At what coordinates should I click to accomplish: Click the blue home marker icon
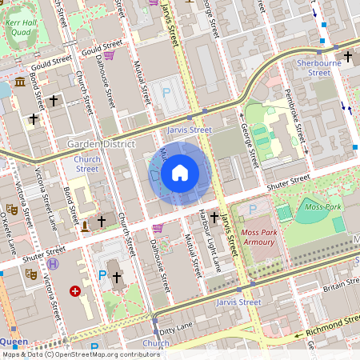coord(180,173)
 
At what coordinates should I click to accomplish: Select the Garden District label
coord(101,144)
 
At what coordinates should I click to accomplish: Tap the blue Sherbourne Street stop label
coord(313,67)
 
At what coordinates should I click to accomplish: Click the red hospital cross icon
coord(75,292)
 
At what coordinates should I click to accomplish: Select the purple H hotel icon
coord(53,263)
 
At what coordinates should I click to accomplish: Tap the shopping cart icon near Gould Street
coord(109,55)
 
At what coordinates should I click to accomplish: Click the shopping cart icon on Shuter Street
coord(158,228)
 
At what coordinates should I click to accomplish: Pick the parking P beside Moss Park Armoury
coord(253,209)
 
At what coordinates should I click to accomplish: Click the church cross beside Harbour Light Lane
coord(214,217)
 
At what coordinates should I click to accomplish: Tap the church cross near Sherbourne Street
coord(347,57)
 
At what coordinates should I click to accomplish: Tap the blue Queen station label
coord(14,342)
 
